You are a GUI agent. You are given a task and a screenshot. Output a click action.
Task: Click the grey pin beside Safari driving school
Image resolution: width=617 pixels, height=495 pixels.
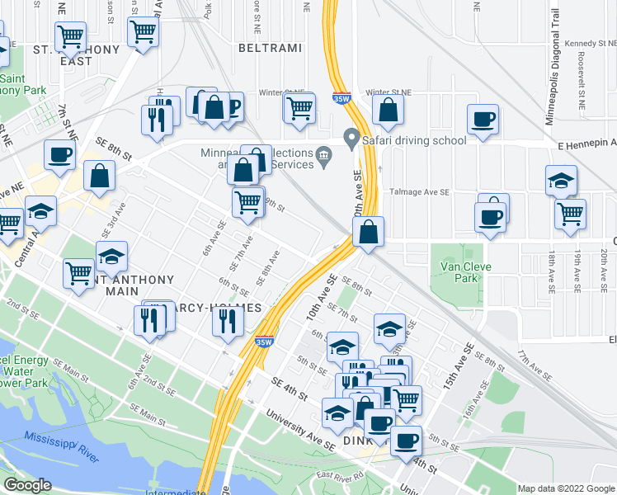pyautogui.click(x=352, y=139)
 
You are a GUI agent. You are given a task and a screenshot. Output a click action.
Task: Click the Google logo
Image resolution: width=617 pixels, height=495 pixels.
pyautogui.click(x=28, y=485)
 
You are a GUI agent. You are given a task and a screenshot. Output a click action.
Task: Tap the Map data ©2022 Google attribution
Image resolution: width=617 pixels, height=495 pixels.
pyautogui.click(x=566, y=488)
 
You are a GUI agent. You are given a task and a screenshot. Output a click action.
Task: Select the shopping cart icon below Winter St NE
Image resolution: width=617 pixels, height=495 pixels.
pyautogui.click(x=299, y=107)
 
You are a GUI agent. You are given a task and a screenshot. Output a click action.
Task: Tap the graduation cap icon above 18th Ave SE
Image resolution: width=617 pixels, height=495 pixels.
pyautogui.click(x=561, y=181)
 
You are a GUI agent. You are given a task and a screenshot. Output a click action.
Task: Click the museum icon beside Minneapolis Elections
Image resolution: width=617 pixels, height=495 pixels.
pyautogui.click(x=323, y=153)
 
